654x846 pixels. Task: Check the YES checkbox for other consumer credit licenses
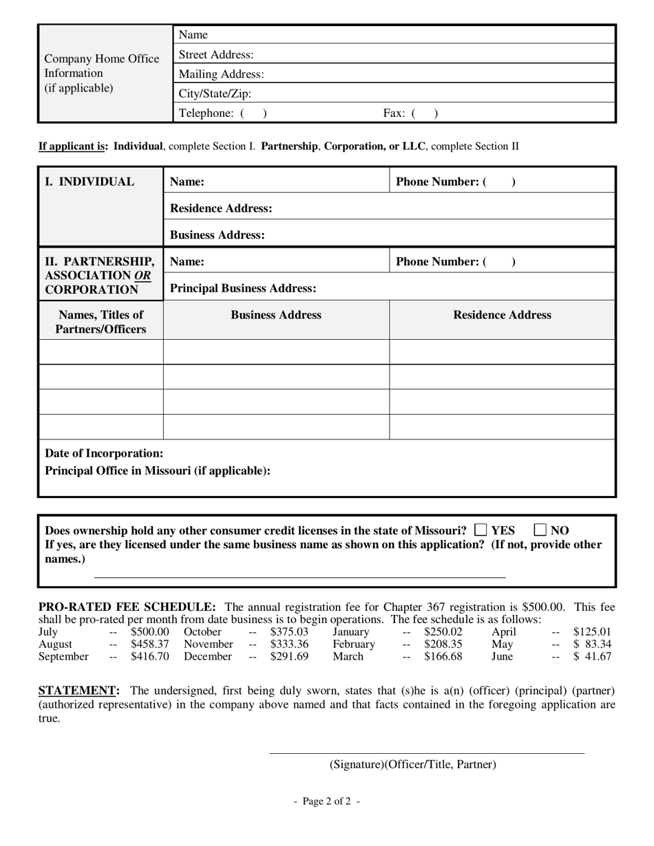coord(481,530)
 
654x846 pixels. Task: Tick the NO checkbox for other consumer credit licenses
coord(540,530)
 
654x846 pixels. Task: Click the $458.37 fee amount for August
coord(149,644)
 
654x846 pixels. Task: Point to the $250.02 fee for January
coord(443,632)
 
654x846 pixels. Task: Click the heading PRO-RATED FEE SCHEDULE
coord(127,607)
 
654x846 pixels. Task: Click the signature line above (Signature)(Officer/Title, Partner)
coord(426,753)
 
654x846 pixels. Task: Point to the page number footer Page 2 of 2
coord(327,801)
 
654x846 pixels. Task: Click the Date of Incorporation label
coord(105,453)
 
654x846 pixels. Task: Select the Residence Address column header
coord(502,315)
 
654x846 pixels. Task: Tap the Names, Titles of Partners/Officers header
coord(101,322)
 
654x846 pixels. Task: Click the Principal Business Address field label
coord(243,288)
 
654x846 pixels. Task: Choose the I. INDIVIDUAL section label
coord(89,182)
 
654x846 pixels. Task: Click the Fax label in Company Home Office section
coord(394,113)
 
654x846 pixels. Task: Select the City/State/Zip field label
coord(215,94)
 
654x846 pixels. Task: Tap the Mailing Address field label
coord(221,74)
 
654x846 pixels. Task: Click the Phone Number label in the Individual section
coord(437,182)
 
